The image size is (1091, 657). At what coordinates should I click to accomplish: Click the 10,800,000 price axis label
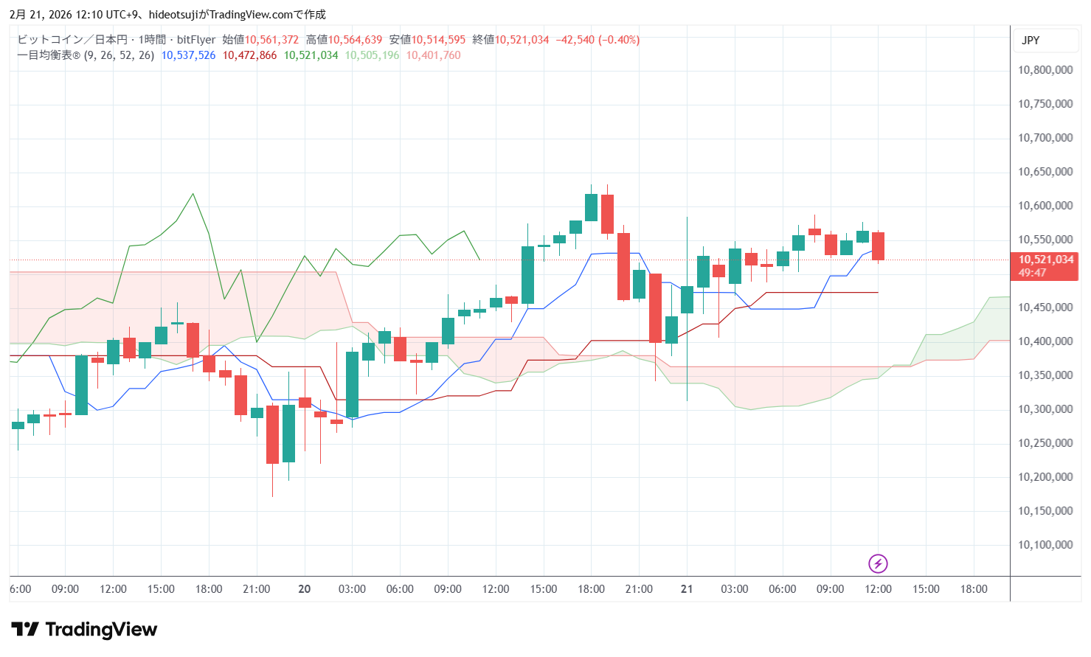coord(1045,70)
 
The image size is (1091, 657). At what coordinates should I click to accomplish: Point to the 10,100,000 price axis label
coord(1045,545)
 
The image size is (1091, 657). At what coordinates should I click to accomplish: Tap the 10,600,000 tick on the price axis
coord(1045,206)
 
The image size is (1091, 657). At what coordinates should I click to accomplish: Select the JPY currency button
coord(1031,41)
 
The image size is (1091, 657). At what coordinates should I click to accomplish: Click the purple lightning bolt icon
coord(877,564)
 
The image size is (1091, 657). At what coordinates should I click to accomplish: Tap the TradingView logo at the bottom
coord(84,629)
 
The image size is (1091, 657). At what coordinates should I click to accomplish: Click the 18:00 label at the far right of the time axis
coord(973,589)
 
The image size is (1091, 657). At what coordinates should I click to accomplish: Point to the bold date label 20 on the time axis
coord(304,589)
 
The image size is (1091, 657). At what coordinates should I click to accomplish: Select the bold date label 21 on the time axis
coord(687,589)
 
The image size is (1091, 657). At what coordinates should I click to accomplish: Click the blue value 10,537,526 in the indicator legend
coord(188,55)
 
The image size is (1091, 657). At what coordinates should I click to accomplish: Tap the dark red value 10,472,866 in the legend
coord(249,55)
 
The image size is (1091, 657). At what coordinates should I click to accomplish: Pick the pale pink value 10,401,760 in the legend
coord(433,55)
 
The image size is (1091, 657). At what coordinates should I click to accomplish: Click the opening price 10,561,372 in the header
coord(271,40)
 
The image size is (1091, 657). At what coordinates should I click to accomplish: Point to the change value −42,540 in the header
coord(575,40)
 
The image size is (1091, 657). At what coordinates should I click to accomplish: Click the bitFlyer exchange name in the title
coord(196,40)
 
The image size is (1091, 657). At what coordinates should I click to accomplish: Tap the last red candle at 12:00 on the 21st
coord(878,246)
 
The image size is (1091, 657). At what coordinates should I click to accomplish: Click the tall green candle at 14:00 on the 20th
coord(527,275)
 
